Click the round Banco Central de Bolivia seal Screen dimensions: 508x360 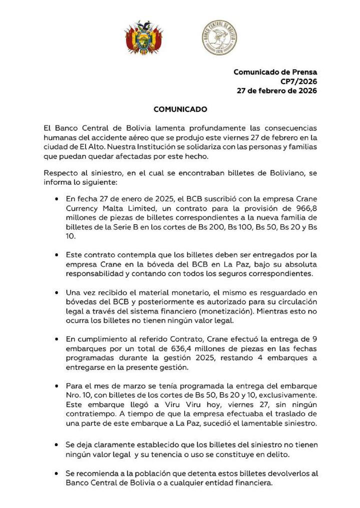(219, 37)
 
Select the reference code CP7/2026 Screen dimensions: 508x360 (298, 81)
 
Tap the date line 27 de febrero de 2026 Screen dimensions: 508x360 (277, 91)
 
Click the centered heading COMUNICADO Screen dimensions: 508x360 (180, 109)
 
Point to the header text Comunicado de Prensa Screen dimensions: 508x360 (275, 72)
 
